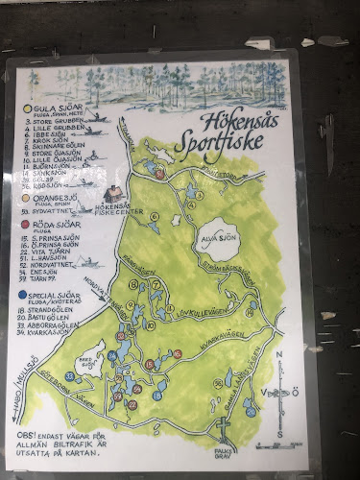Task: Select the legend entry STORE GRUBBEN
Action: click(x=53, y=120)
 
